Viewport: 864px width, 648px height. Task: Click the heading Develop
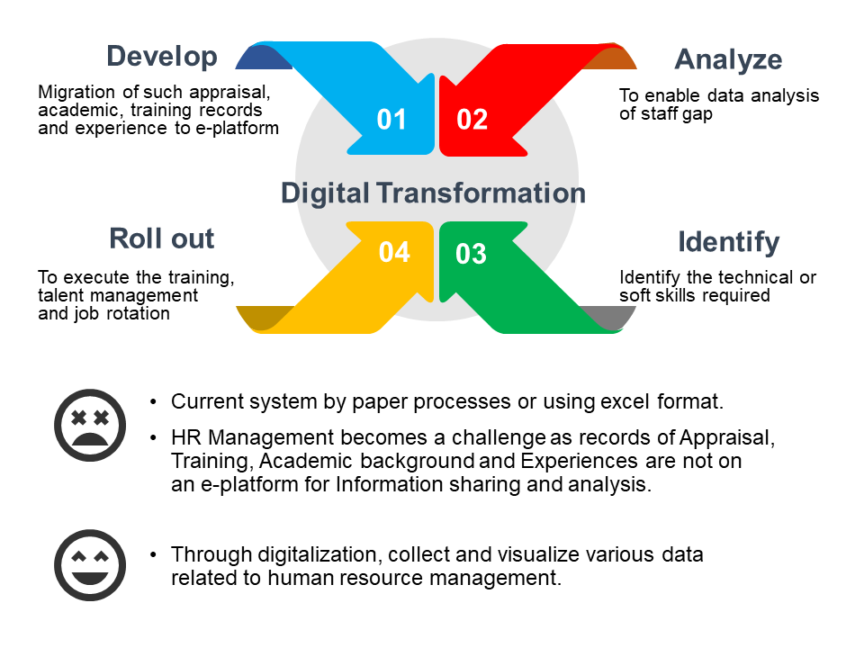162,57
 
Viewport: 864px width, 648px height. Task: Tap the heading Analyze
728,59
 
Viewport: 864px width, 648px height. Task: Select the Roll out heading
161,238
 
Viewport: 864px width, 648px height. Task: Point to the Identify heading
728,242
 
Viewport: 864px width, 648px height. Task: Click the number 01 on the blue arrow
391,120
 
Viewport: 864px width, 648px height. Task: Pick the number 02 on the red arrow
472,120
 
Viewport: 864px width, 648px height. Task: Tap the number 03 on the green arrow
471,254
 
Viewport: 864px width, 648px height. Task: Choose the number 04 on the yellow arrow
394,252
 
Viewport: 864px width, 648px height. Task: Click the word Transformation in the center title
481,193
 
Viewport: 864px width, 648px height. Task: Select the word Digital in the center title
325,194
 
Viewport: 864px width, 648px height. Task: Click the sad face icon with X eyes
90,425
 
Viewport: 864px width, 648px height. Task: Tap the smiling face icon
90,565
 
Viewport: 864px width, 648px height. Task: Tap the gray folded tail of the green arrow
609,317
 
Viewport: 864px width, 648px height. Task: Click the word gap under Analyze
697,114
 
